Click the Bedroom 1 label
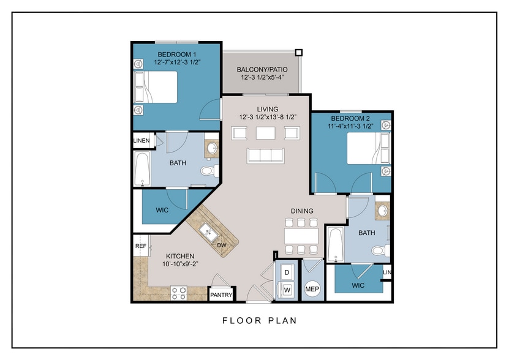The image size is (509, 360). click(176, 54)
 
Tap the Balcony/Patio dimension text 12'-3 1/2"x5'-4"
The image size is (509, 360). click(262, 78)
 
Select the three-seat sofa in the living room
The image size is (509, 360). click(266, 156)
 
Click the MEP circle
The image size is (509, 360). click(312, 288)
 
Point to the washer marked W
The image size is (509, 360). click(286, 289)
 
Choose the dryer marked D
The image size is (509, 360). click(287, 272)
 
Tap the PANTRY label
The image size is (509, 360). click(221, 295)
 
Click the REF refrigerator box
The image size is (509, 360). click(140, 246)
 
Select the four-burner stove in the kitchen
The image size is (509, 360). click(179, 293)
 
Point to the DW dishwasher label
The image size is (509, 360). click(221, 246)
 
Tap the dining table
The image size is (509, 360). click(301, 236)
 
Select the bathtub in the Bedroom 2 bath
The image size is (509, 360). click(336, 244)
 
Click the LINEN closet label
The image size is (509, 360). click(141, 141)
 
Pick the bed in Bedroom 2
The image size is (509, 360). click(369, 148)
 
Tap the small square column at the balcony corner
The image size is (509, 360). click(299, 53)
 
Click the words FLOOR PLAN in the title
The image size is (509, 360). click(260, 321)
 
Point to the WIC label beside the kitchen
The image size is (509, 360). click(162, 210)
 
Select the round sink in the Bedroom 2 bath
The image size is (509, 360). click(383, 211)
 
